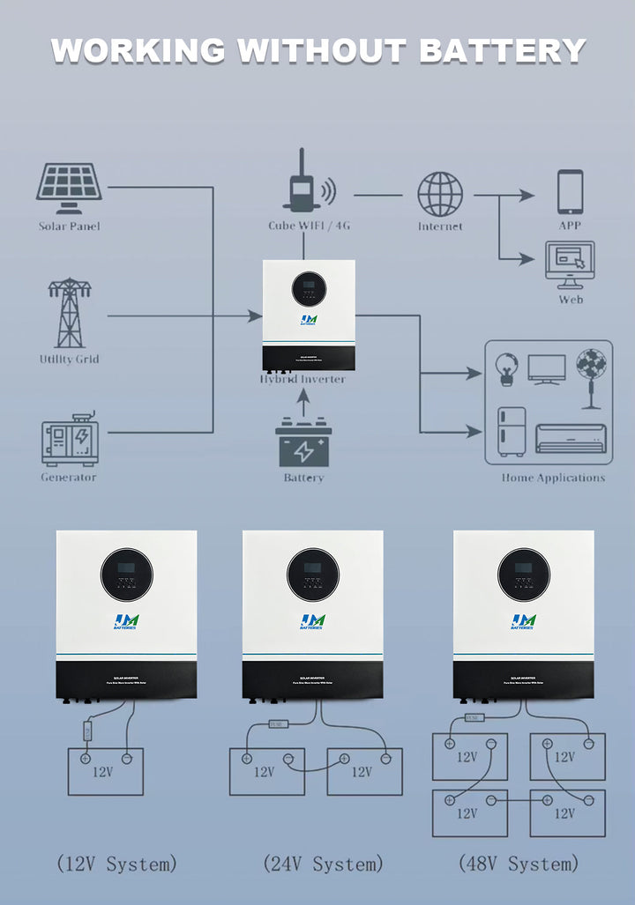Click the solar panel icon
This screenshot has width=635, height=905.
pyautogui.click(x=69, y=187)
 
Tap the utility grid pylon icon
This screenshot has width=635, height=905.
pyautogui.click(x=69, y=313)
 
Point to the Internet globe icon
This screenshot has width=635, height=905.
pyautogui.click(x=440, y=194)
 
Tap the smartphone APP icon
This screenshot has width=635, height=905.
pyautogui.click(x=570, y=192)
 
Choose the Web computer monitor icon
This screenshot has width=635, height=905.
pyautogui.click(x=570, y=264)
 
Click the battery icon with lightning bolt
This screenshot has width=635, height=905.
pyautogui.click(x=303, y=444)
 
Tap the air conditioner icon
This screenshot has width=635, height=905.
pyautogui.click(x=571, y=438)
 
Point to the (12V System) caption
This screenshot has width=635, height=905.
pyautogui.click(x=116, y=864)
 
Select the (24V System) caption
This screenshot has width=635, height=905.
pyautogui.click(x=324, y=864)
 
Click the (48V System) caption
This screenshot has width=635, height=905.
pyautogui.click(x=519, y=864)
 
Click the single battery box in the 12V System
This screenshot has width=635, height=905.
pyautogui.click(x=106, y=771)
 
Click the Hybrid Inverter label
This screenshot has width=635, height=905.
pyautogui.click(x=303, y=379)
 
